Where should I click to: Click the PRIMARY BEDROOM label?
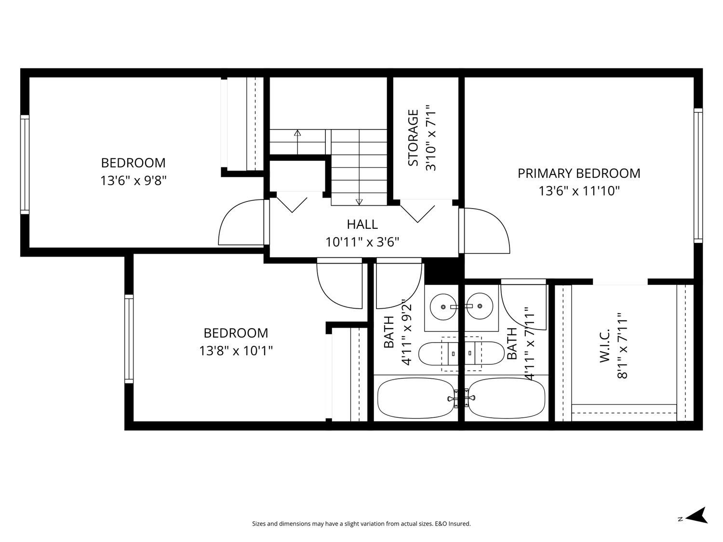pos(578,173)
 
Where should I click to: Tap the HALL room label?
pos(362,225)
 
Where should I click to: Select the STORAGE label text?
pos(413,138)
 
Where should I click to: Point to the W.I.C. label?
pos(605,345)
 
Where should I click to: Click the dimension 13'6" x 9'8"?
pos(134,181)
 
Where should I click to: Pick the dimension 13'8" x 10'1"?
pos(236,351)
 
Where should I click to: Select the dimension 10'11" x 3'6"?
pos(362,242)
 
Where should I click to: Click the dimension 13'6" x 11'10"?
pos(579,191)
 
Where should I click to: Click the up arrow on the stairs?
pos(297,142)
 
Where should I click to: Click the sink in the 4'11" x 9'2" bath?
pos(443,306)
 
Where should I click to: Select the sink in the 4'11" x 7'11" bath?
pos(480,306)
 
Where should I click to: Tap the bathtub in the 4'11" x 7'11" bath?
pos(507,398)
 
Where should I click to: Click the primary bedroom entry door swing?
pos(484,231)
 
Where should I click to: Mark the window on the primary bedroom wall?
pos(698,175)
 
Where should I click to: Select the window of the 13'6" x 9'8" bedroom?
pos(25,165)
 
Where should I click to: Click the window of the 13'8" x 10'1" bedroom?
pos(129,339)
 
